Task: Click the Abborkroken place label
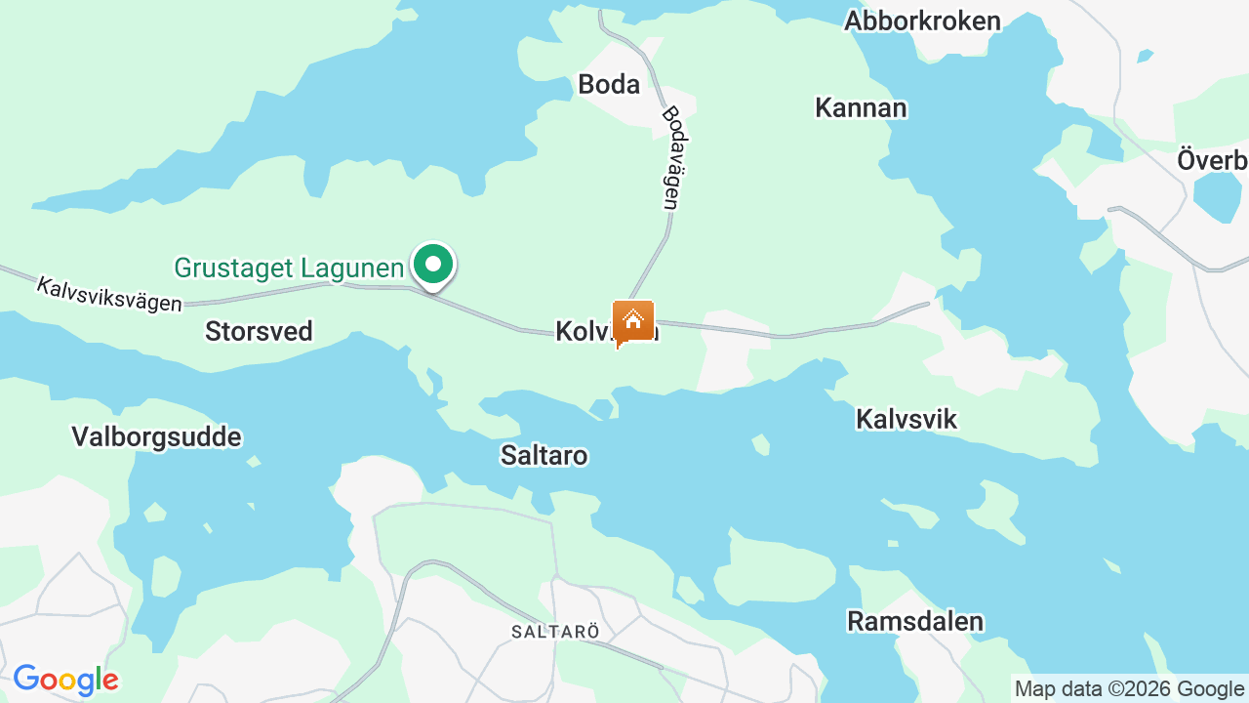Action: tap(922, 21)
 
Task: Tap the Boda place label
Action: tap(609, 84)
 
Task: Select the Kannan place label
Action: tap(861, 107)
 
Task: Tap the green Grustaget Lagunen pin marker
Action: tap(432, 265)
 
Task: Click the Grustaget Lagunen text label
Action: tap(289, 268)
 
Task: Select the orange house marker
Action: tap(632, 321)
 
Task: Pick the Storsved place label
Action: tap(259, 331)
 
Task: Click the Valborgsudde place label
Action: tap(156, 436)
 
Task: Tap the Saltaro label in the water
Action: tap(544, 455)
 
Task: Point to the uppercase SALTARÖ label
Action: tap(555, 632)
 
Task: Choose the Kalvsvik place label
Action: tap(907, 419)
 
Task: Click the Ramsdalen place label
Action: tap(915, 621)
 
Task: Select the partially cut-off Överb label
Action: tap(1212, 160)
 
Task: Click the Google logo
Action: tap(65, 680)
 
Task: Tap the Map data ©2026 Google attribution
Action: tap(1129, 688)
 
